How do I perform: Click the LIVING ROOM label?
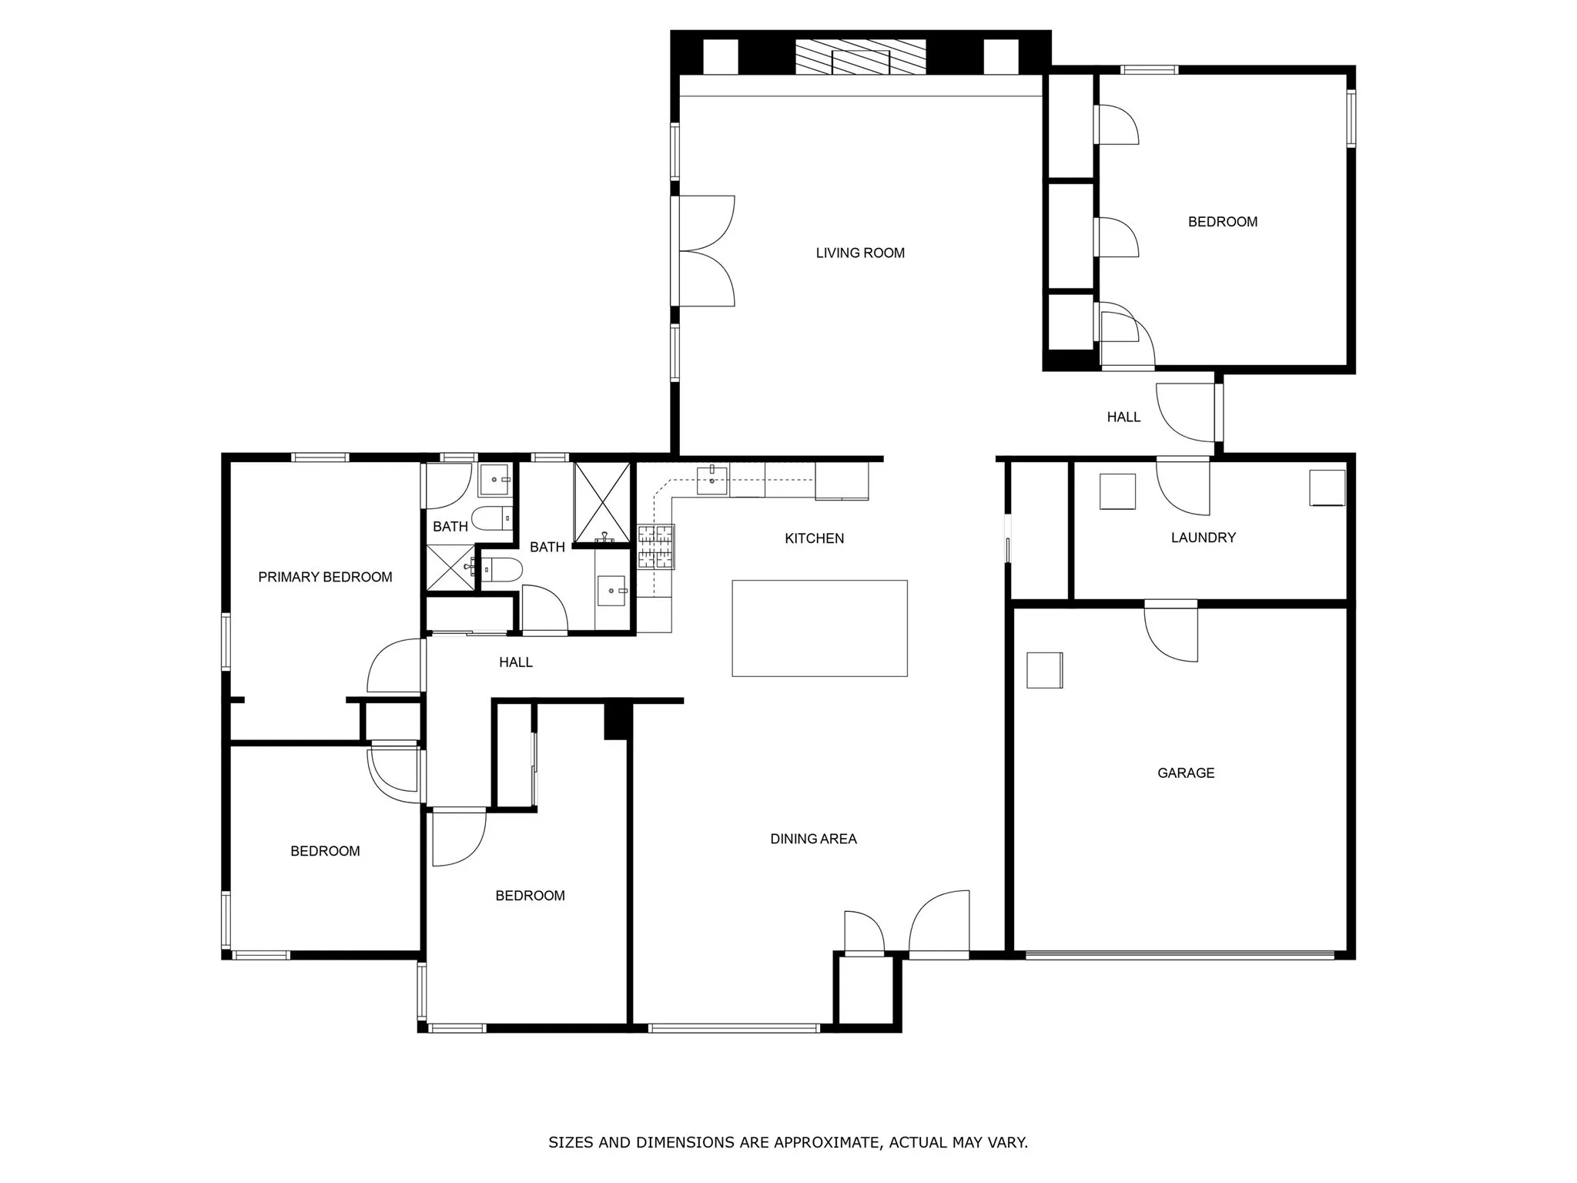(x=859, y=253)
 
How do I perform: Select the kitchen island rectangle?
(x=819, y=628)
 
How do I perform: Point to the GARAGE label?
(x=1185, y=772)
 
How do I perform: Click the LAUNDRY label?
(x=1203, y=538)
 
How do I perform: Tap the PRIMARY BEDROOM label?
(x=325, y=577)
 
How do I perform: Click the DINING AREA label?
(x=813, y=839)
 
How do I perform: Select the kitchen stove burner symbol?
(x=655, y=547)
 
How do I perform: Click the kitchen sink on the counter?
(x=711, y=481)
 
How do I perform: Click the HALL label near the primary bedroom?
(x=515, y=662)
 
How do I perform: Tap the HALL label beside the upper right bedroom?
(x=1123, y=417)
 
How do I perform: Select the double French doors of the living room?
(x=705, y=251)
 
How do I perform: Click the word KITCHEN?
(x=814, y=538)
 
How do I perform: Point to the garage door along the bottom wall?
(x=1179, y=955)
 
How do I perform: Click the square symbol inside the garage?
(x=1044, y=669)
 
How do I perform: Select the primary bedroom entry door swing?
(x=395, y=666)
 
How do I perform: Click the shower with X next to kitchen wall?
(x=603, y=501)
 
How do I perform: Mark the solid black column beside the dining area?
(x=617, y=722)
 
